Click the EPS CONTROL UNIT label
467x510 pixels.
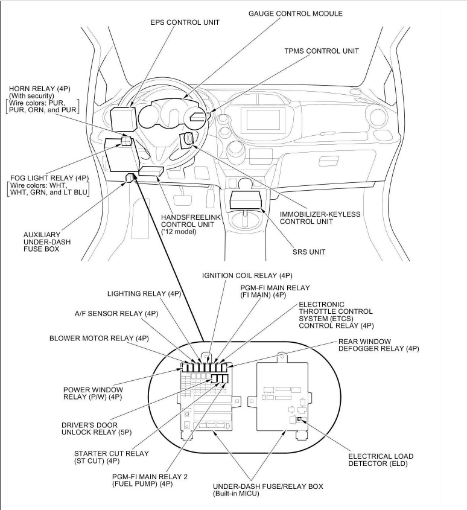click(x=185, y=22)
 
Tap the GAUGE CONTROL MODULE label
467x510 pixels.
click(x=295, y=13)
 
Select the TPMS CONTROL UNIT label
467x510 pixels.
click(x=322, y=51)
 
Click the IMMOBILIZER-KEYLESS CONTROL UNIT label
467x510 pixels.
click(x=320, y=218)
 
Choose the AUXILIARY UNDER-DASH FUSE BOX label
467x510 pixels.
click(x=41, y=241)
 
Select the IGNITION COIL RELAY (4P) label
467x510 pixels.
click(x=247, y=275)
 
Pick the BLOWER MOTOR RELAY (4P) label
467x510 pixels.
click(x=99, y=338)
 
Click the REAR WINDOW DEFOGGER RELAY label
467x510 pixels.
click(x=378, y=345)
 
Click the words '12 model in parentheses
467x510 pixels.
click(x=179, y=232)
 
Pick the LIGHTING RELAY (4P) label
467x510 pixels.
click(x=144, y=294)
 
